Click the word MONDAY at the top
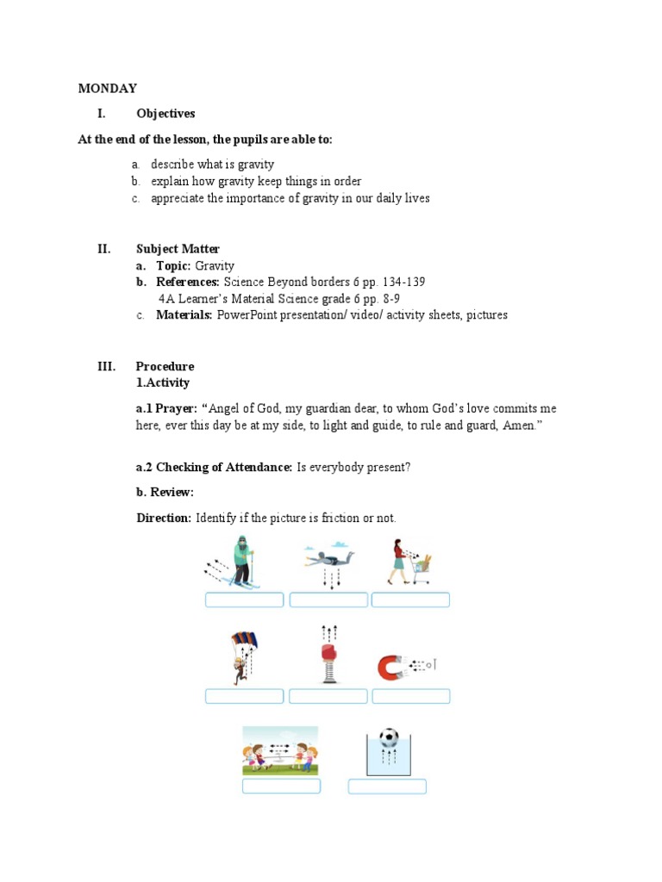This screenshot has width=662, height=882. tap(108, 88)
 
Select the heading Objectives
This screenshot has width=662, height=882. tap(165, 114)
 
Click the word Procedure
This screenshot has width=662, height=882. tap(165, 366)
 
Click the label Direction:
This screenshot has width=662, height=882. tap(164, 518)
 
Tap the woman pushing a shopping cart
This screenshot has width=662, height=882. tap(407, 562)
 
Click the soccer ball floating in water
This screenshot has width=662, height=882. tap(389, 739)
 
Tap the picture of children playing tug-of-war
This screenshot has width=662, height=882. tap(280, 750)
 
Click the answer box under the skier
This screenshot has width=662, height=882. tap(244, 600)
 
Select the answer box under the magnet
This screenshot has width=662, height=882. tap(410, 696)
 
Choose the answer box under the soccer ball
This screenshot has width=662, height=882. tap(387, 786)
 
